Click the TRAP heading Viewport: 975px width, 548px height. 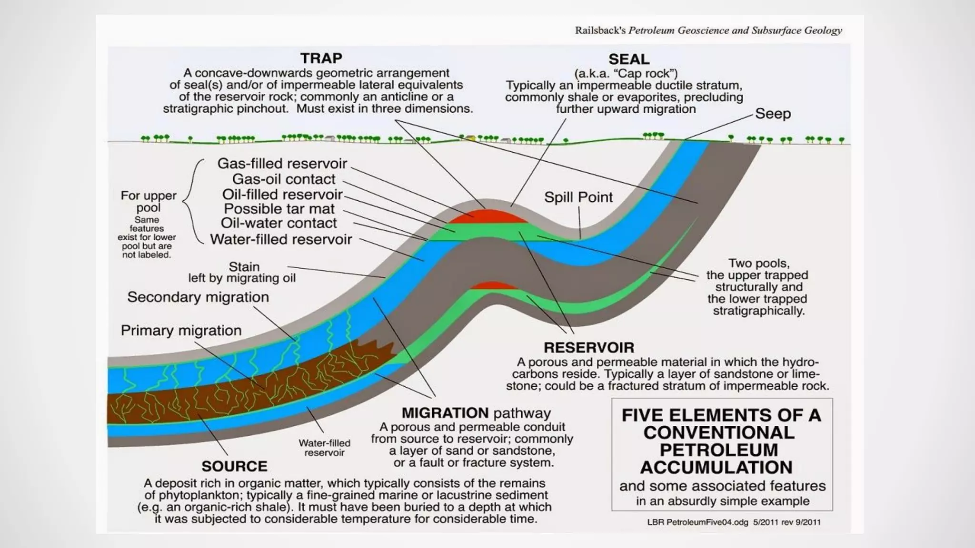321,58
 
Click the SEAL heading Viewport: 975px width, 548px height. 628,59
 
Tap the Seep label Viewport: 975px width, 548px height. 773,114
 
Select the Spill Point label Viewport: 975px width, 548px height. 578,197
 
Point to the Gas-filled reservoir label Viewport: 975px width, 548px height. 282,163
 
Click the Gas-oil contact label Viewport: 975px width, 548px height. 284,179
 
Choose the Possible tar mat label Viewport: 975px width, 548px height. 279,208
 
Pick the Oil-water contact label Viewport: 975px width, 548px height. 279,223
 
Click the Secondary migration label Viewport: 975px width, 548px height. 198,297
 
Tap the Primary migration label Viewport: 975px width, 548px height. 181,330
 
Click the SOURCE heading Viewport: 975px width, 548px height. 234,466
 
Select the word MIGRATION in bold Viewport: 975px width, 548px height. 445,412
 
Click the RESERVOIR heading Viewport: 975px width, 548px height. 589,347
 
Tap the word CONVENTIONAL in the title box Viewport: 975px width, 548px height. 719,432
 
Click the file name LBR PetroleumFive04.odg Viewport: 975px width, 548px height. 697,522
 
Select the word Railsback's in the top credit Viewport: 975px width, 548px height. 600,30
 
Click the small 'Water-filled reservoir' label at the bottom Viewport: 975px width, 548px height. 324,448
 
